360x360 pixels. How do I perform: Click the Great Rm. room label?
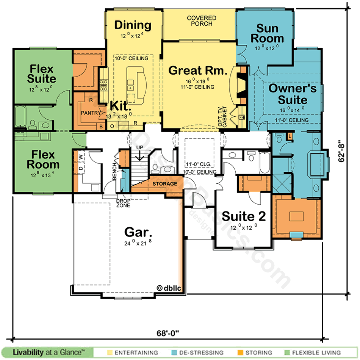[x=197, y=70]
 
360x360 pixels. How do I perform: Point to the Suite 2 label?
[x=244, y=216]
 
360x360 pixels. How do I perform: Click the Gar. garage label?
[x=137, y=232]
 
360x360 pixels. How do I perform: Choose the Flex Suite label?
[x=42, y=74]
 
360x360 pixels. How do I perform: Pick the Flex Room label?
[x=43, y=160]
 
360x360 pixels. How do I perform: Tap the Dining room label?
[x=133, y=25]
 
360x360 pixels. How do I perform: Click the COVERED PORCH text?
[x=202, y=21]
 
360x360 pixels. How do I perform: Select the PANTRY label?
[x=91, y=113]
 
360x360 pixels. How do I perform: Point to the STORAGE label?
[x=165, y=184]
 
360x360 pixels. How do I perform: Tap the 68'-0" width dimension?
[x=167, y=333]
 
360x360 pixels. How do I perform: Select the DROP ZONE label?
[x=123, y=203]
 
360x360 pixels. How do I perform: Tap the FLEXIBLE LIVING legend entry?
[x=318, y=352]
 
